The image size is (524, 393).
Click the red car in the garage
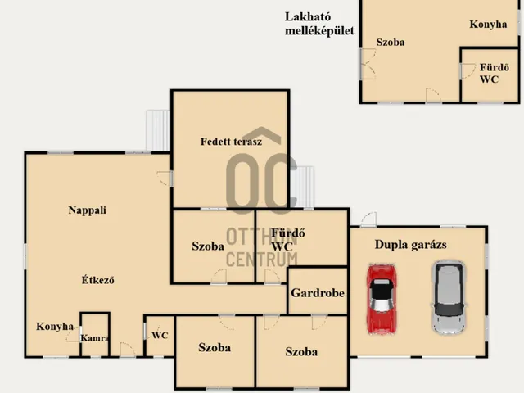pyautogui.click(x=382, y=299)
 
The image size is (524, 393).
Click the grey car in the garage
pyautogui.click(x=448, y=297)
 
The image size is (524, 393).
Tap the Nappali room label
pyautogui.click(x=88, y=210)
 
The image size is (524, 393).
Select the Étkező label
pyautogui.click(x=98, y=279)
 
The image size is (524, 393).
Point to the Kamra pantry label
pyautogui.click(x=95, y=338)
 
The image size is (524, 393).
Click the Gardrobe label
pyautogui.click(x=318, y=293)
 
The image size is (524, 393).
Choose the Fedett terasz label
pyautogui.click(x=231, y=142)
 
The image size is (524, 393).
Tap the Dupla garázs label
pyautogui.click(x=411, y=245)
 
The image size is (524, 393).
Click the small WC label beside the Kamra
pyautogui.click(x=160, y=335)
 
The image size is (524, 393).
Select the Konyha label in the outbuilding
pyautogui.click(x=488, y=25)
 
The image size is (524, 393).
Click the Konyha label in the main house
pyautogui.click(x=55, y=326)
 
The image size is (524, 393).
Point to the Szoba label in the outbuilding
pyautogui.click(x=391, y=42)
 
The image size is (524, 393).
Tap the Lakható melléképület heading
pyautogui.click(x=319, y=24)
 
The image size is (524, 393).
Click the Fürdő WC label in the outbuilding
pyautogui.click(x=494, y=73)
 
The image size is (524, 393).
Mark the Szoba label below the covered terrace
pyautogui.click(x=208, y=246)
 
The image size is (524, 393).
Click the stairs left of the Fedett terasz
pyautogui.click(x=158, y=131)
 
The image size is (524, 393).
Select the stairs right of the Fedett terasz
pyautogui.click(x=302, y=187)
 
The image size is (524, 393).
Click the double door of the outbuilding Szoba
pyautogui.click(x=368, y=64)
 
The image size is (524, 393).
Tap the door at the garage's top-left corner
pyautogui.click(x=368, y=219)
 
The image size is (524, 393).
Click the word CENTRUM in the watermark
pyautogui.click(x=262, y=260)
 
